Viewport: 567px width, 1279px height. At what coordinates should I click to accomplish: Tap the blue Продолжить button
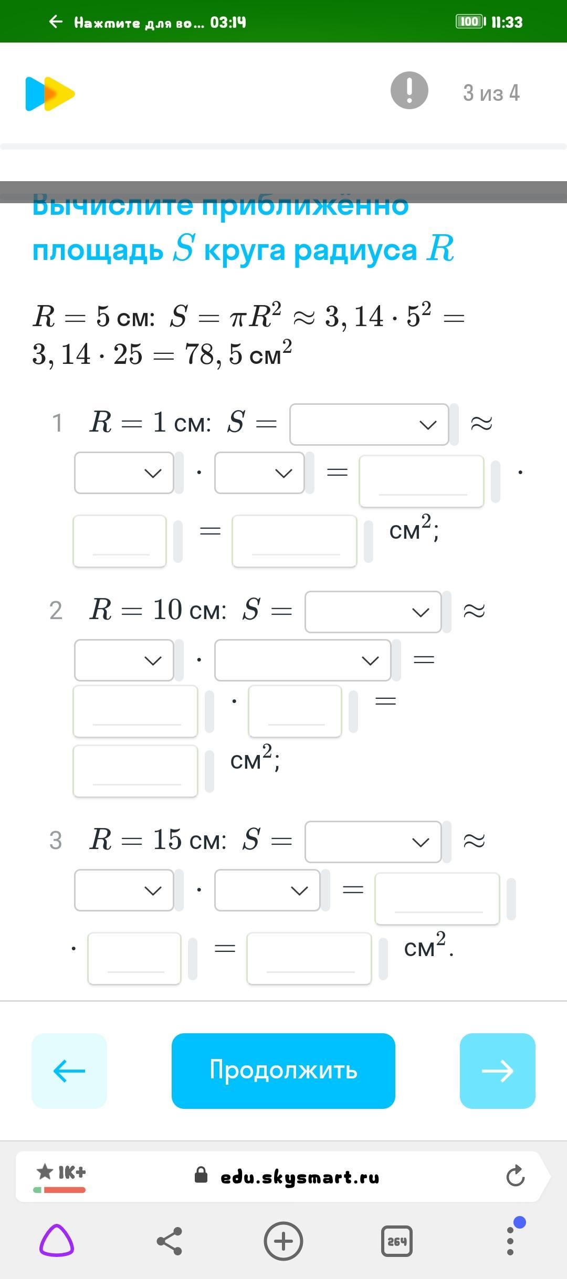283,1071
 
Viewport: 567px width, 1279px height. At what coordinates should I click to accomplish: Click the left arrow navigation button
69,1071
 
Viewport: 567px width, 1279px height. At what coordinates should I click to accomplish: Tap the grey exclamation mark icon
409,90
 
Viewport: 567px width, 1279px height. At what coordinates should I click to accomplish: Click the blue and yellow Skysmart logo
50,94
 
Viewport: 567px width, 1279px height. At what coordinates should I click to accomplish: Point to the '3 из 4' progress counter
491,93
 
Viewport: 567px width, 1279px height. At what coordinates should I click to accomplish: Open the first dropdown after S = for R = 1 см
369,424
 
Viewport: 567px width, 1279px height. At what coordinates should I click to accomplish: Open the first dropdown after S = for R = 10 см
373,612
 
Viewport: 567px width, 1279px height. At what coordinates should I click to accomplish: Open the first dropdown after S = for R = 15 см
373,842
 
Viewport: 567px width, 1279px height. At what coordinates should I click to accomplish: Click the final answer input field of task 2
135,770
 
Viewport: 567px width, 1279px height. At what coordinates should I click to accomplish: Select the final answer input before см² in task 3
309,958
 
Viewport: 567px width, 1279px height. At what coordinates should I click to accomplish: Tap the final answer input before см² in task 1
294,541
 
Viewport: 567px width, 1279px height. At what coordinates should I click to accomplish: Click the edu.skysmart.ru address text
299,1177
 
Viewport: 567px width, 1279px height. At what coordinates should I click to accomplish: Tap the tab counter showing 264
396,1241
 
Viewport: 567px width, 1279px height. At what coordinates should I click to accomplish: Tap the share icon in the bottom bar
170,1241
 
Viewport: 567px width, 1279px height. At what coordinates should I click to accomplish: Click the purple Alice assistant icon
57,1241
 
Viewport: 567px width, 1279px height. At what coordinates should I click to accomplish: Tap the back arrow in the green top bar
55,22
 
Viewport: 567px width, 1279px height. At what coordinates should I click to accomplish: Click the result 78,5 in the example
213,354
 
